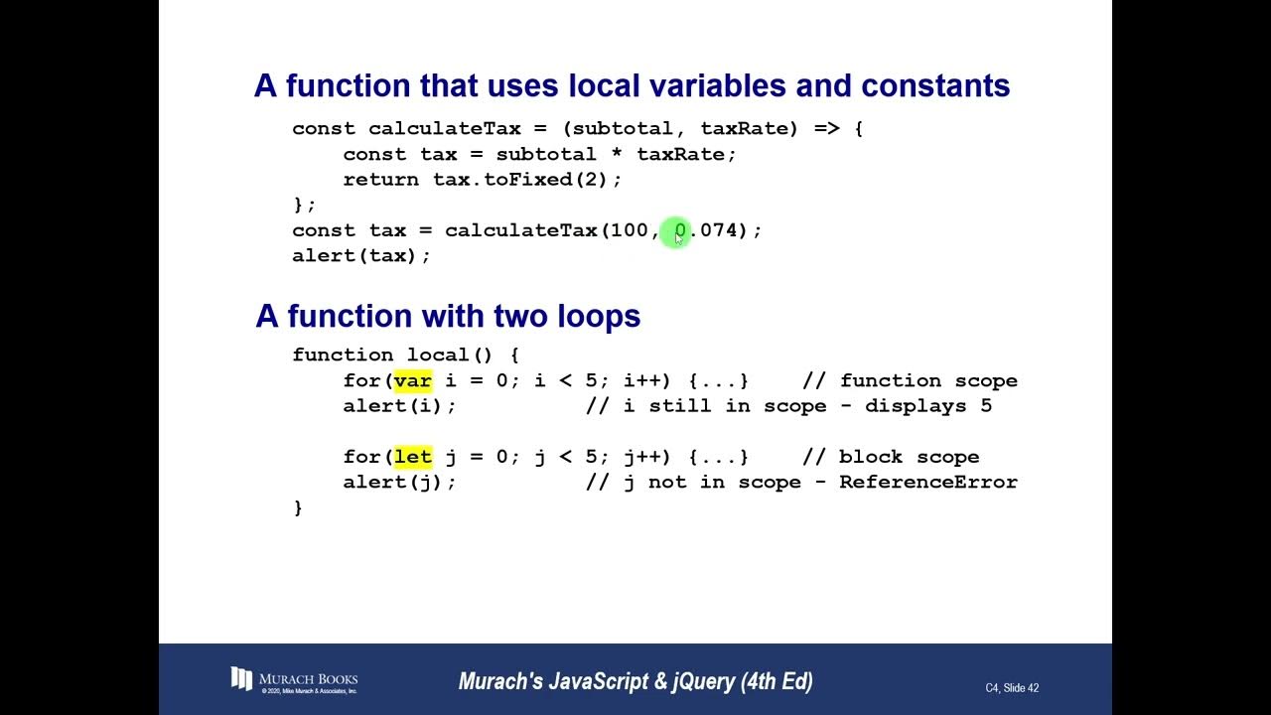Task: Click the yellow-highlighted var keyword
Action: pos(412,380)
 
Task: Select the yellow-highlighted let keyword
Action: pos(412,457)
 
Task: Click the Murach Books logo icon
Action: pos(241,679)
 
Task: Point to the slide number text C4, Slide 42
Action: pos(1012,688)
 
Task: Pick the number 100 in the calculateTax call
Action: pos(629,230)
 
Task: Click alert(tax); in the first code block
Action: pos(361,256)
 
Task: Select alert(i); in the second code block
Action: pos(399,406)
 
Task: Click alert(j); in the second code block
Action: pos(399,482)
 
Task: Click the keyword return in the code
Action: pos(381,180)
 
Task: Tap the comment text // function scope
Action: pos(910,380)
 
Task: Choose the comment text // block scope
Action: pos(891,457)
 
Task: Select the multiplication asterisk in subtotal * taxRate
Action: pos(616,155)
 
